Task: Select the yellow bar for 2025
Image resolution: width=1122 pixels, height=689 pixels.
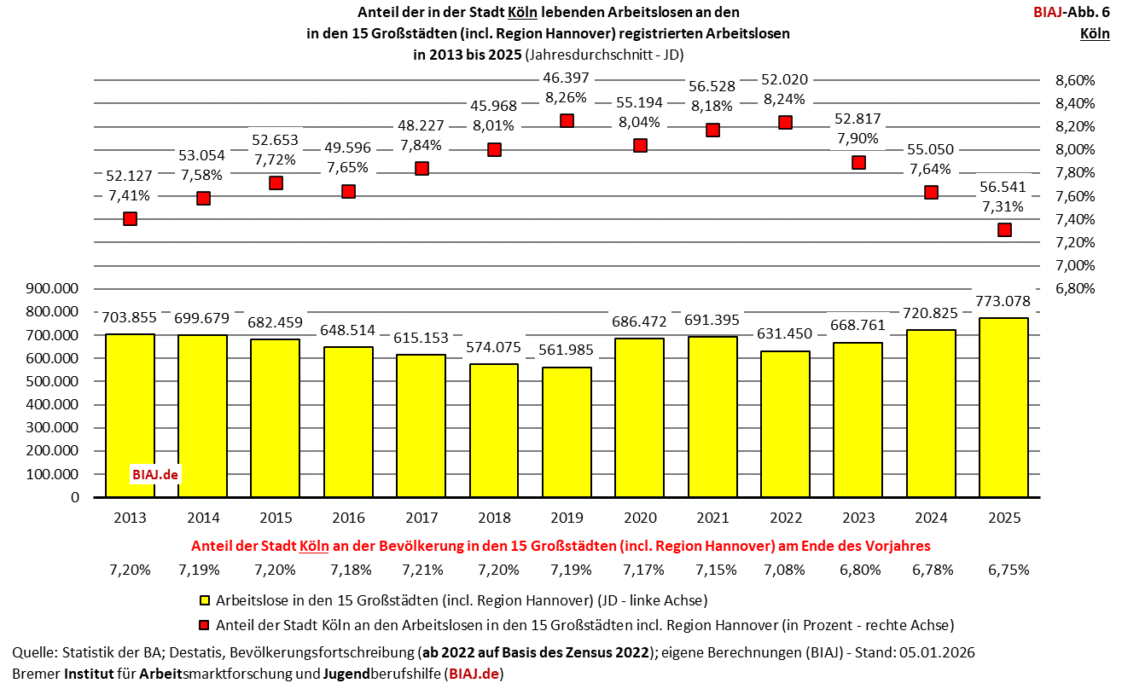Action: coord(1003,408)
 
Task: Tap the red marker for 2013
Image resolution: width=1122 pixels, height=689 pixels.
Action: coord(130,218)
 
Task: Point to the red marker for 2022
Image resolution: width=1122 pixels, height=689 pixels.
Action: coord(786,122)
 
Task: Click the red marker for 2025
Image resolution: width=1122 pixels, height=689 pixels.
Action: coord(1004,229)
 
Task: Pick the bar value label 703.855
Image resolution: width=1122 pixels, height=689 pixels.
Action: coord(130,318)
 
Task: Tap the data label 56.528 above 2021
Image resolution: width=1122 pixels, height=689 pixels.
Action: coord(712,88)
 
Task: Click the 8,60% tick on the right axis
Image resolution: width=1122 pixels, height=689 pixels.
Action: coord(1074,80)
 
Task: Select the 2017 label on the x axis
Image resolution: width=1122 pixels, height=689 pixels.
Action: coord(421,518)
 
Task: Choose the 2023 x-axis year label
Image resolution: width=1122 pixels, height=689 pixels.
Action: coord(858,518)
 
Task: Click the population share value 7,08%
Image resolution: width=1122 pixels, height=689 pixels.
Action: coord(785,569)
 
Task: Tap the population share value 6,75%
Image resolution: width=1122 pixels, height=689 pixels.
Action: coord(1004,569)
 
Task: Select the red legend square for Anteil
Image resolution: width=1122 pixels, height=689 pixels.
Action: coord(204,623)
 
